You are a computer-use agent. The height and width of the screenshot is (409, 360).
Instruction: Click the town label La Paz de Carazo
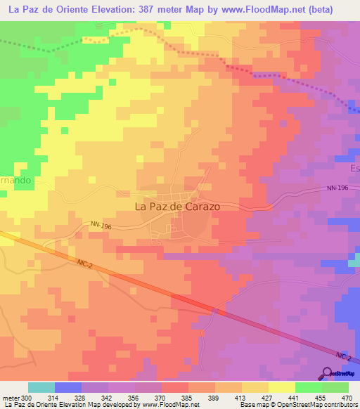[176, 207]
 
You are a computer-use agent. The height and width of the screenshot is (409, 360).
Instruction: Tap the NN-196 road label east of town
[338, 188]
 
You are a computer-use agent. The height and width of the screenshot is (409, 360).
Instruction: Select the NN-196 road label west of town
[101, 226]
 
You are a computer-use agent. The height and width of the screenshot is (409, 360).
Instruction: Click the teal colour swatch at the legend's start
[41, 387]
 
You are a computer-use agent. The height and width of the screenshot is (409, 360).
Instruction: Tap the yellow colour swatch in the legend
[282, 387]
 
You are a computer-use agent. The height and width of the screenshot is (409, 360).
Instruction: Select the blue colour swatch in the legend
[68, 387]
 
